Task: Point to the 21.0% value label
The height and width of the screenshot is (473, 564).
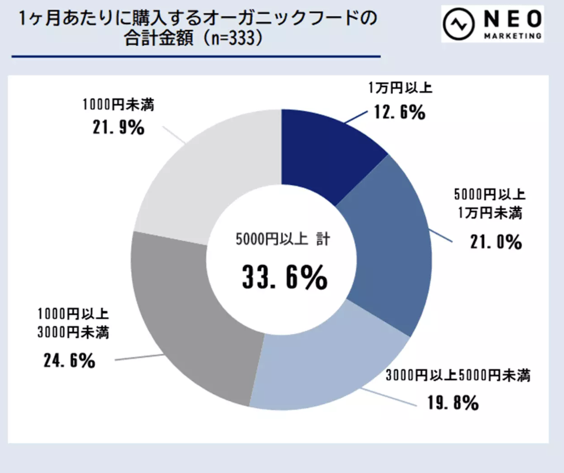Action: (x=495, y=241)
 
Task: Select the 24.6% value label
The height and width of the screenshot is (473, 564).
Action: (x=69, y=361)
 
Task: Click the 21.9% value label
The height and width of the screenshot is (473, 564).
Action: (x=117, y=127)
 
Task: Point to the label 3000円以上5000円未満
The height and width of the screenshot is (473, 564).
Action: (x=458, y=375)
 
